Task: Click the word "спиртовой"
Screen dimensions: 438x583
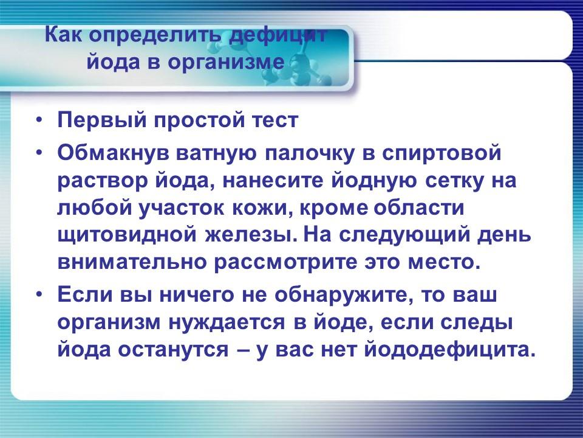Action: [442, 153]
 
